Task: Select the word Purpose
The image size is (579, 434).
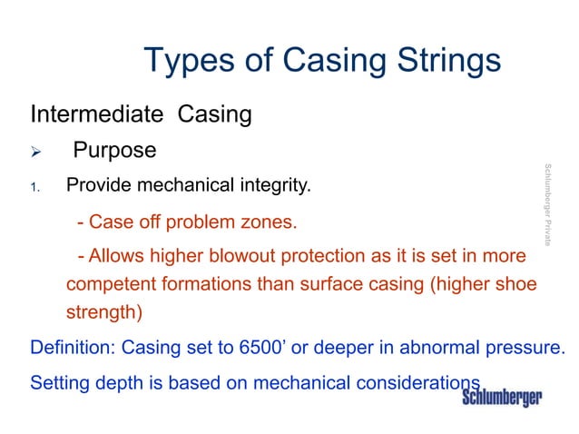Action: click(x=114, y=150)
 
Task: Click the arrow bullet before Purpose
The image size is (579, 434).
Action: click(x=37, y=151)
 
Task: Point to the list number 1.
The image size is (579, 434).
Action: click(x=35, y=188)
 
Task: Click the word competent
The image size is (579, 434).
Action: click(x=108, y=284)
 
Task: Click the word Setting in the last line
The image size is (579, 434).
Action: click(x=59, y=382)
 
